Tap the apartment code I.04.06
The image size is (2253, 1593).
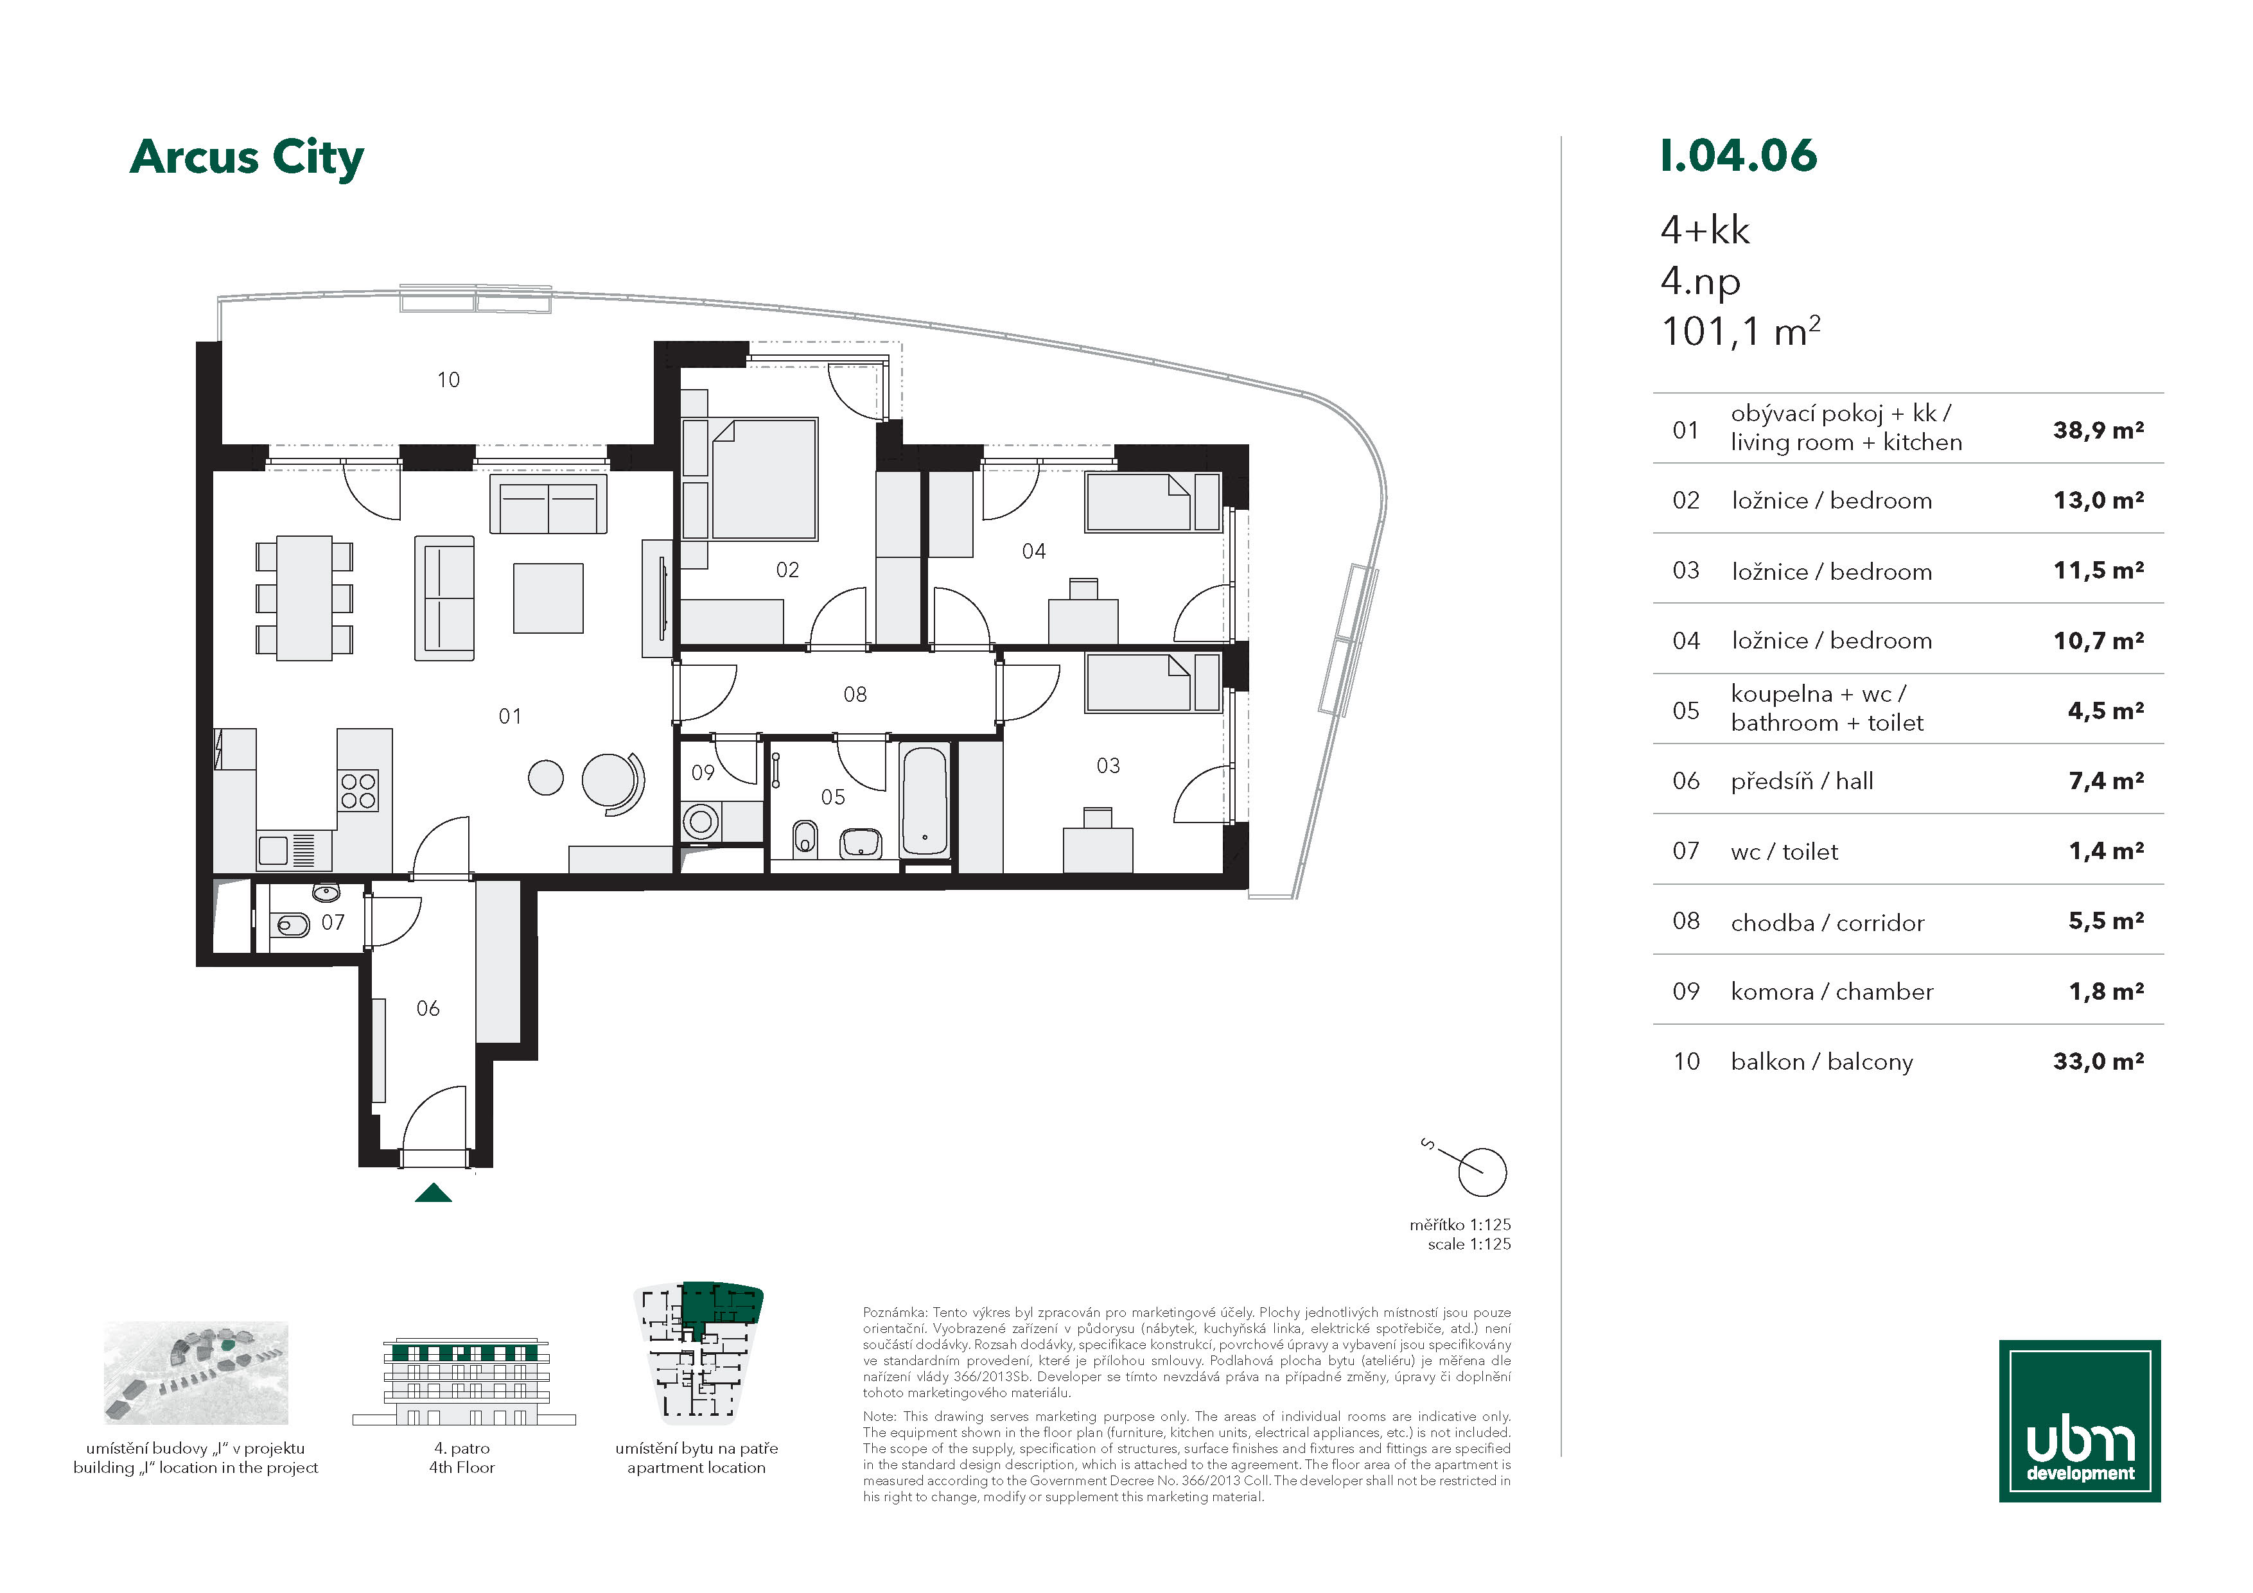point(1738,156)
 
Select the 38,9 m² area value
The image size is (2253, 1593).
point(2098,430)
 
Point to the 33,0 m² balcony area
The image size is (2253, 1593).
point(2098,1061)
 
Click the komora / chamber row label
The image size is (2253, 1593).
point(1831,992)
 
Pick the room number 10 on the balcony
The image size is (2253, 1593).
point(448,379)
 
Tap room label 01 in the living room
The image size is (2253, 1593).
point(510,716)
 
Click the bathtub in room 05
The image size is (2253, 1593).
point(924,801)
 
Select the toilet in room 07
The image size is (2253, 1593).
point(292,924)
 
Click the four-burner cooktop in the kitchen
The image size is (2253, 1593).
point(358,790)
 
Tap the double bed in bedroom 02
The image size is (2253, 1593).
point(764,480)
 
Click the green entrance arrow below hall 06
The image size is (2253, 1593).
point(433,1193)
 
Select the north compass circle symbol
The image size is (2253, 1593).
point(1482,1172)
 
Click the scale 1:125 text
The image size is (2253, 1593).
point(1469,1244)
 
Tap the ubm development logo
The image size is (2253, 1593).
point(2080,1420)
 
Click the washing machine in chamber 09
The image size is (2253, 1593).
point(701,821)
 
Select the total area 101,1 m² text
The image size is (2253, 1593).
point(1740,331)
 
